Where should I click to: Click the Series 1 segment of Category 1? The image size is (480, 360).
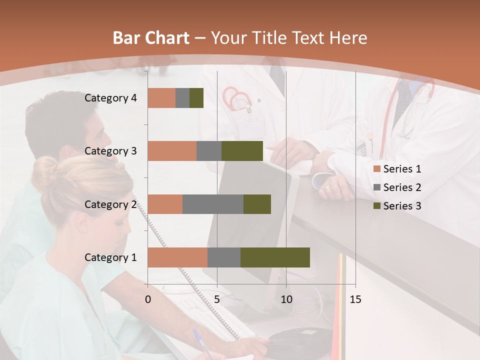tap(177, 257)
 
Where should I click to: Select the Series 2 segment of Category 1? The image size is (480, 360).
tap(224, 257)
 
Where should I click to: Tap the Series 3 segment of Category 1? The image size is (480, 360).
tap(275, 257)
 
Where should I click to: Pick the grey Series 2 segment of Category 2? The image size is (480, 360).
tap(213, 204)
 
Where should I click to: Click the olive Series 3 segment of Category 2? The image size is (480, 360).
tap(257, 204)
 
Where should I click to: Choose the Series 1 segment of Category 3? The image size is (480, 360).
tap(172, 151)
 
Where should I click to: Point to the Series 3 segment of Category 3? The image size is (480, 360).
tap(242, 151)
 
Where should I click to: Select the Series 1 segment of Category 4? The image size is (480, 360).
tap(161, 98)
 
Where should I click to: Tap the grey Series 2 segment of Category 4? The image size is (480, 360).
tap(182, 98)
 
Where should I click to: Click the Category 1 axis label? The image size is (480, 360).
tap(110, 257)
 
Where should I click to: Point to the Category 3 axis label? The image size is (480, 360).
tap(110, 151)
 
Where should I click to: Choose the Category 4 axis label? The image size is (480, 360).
tap(110, 98)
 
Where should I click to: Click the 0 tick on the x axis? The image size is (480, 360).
tap(148, 299)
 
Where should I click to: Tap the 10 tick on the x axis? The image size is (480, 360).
tap(286, 299)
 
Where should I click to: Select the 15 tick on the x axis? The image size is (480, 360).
tap(355, 299)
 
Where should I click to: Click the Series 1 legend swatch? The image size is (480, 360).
tap(376, 169)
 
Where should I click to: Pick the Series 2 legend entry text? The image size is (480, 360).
tap(402, 187)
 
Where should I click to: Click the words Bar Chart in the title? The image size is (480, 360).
tap(151, 38)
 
